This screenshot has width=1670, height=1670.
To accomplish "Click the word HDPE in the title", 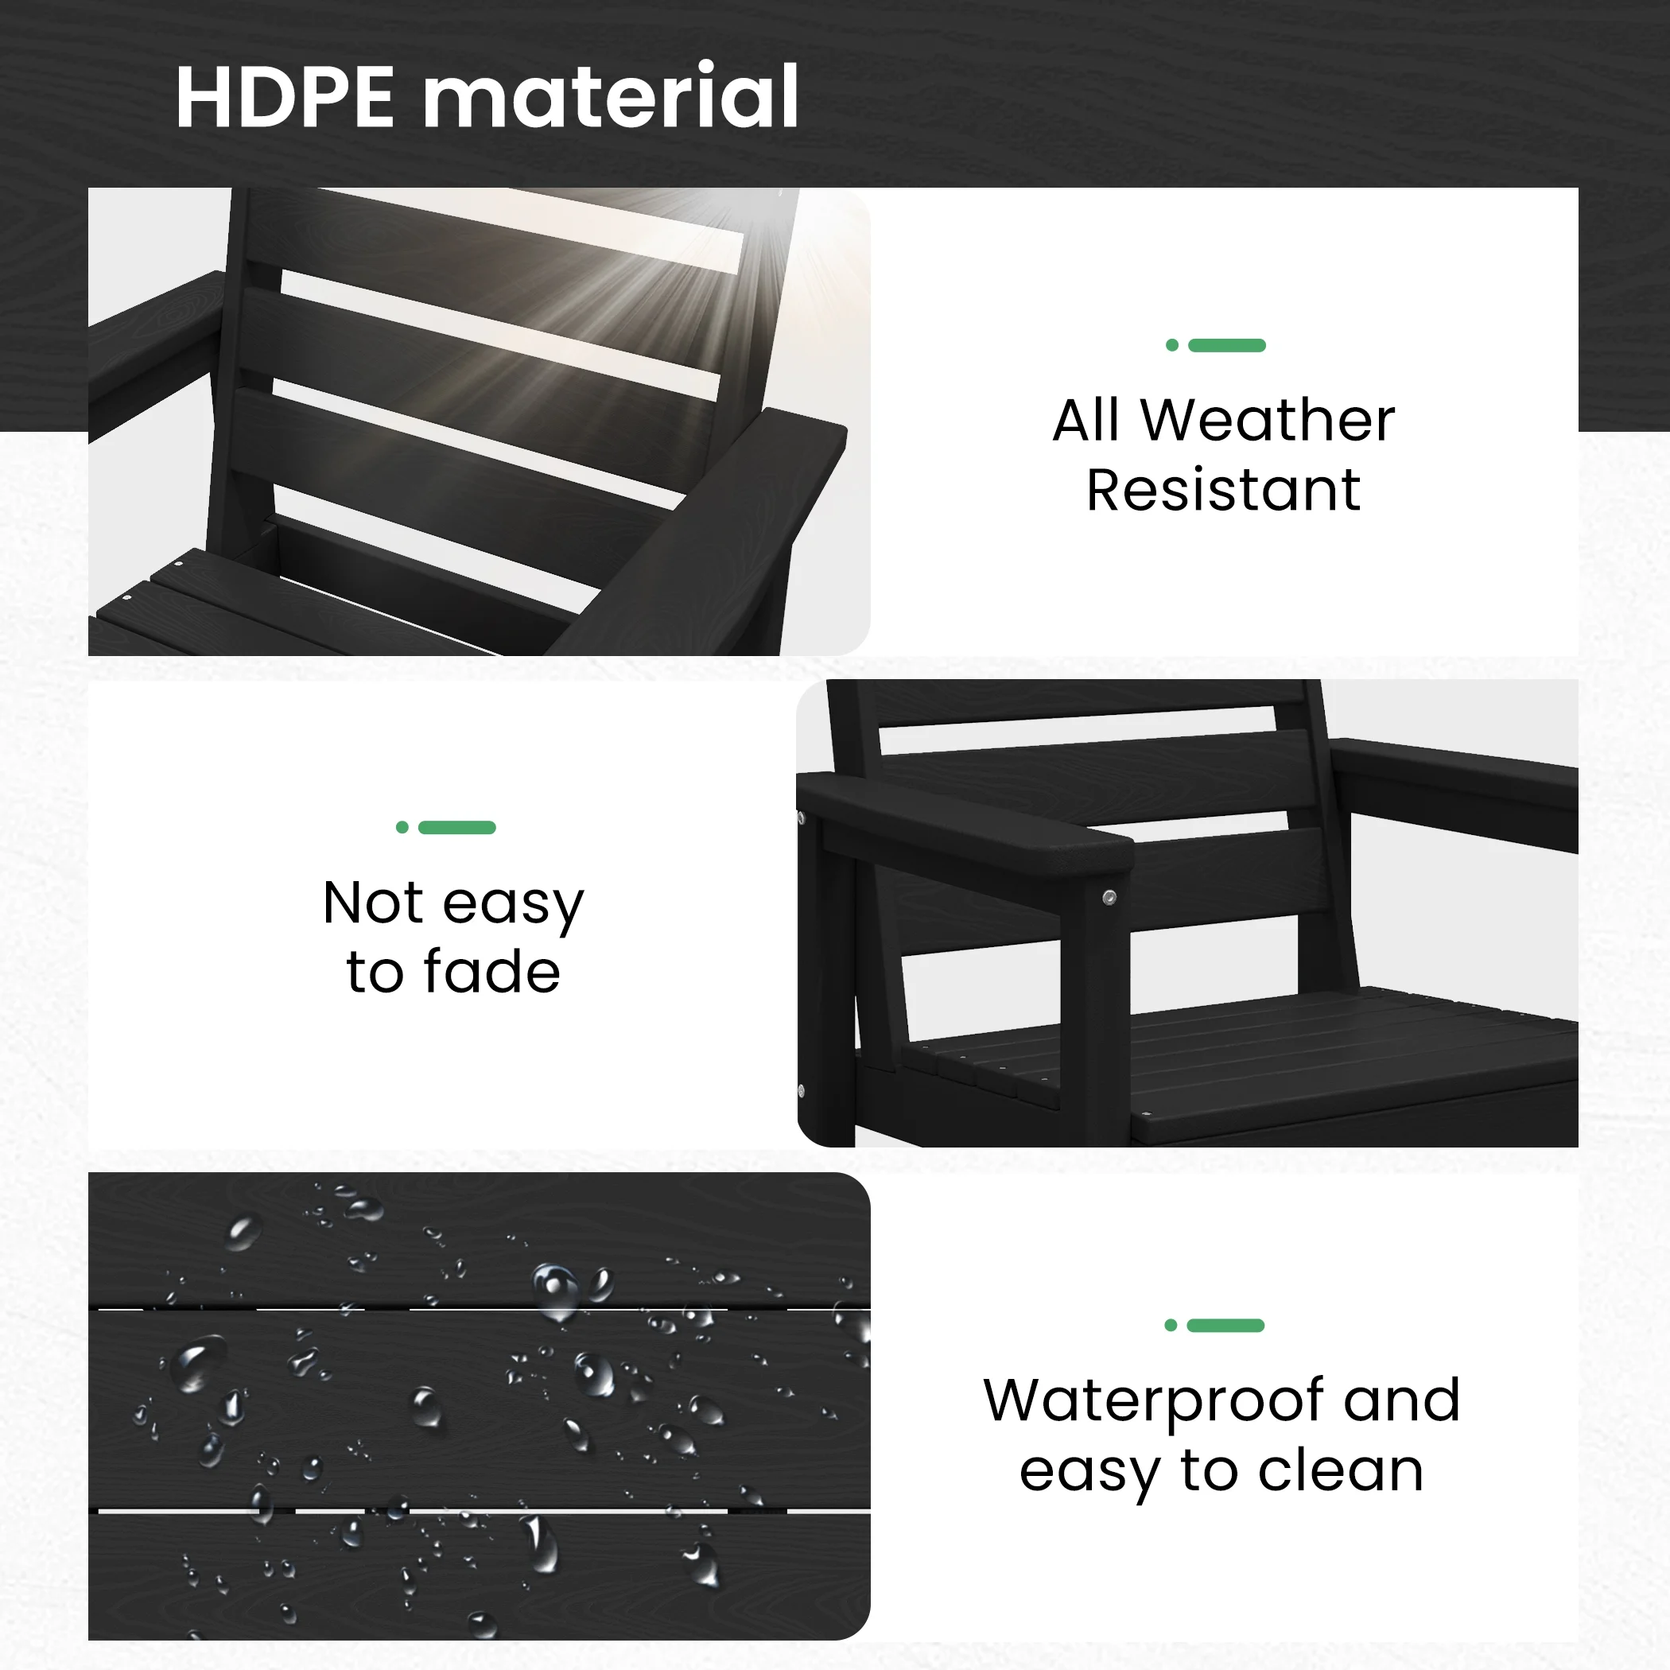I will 285,97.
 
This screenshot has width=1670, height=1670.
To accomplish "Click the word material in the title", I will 610,97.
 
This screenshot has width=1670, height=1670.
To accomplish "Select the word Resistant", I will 1223,490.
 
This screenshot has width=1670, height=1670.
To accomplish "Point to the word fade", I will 491,972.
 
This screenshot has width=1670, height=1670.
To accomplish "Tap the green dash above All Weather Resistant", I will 1226,346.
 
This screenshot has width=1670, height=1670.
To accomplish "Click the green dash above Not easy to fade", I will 456,827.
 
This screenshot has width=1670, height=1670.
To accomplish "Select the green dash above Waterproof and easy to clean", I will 1225,1326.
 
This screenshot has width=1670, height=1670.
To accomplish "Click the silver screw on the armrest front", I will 1110,898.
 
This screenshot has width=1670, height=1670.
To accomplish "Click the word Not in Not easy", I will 374,903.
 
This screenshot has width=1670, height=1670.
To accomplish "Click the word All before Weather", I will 1085,421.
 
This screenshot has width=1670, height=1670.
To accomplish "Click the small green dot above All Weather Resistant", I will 1172,346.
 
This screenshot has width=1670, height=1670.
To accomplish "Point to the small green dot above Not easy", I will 402,827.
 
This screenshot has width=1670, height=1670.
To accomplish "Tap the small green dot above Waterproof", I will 1171,1326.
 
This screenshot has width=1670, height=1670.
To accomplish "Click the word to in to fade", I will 375,973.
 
